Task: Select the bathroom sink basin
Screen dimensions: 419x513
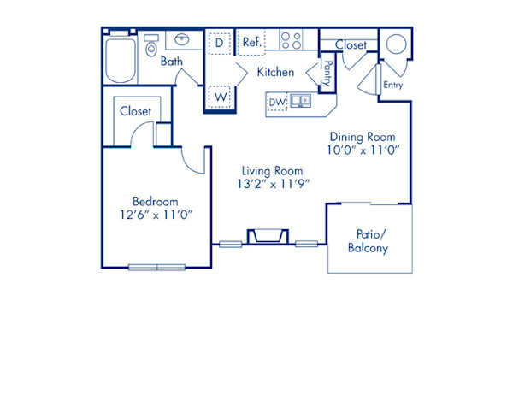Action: pyautogui.click(x=183, y=39)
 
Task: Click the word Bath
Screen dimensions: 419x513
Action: pyautogui.click(x=172, y=62)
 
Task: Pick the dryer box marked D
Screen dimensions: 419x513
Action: pyautogui.click(x=220, y=42)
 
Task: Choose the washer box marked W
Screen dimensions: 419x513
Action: pyautogui.click(x=220, y=97)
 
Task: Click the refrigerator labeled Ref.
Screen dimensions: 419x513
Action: pyautogui.click(x=251, y=42)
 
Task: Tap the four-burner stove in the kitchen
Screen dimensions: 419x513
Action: pyautogui.click(x=292, y=40)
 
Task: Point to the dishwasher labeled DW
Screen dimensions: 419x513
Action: pyautogui.click(x=277, y=102)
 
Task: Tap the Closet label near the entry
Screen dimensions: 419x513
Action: pyautogui.click(x=351, y=44)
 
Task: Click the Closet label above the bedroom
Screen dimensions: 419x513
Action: pyautogui.click(x=135, y=111)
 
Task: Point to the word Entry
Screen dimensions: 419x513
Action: pyautogui.click(x=392, y=85)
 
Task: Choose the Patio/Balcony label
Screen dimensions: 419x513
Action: pyautogui.click(x=368, y=242)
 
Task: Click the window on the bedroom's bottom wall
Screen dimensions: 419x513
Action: pyautogui.click(x=156, y=267)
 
